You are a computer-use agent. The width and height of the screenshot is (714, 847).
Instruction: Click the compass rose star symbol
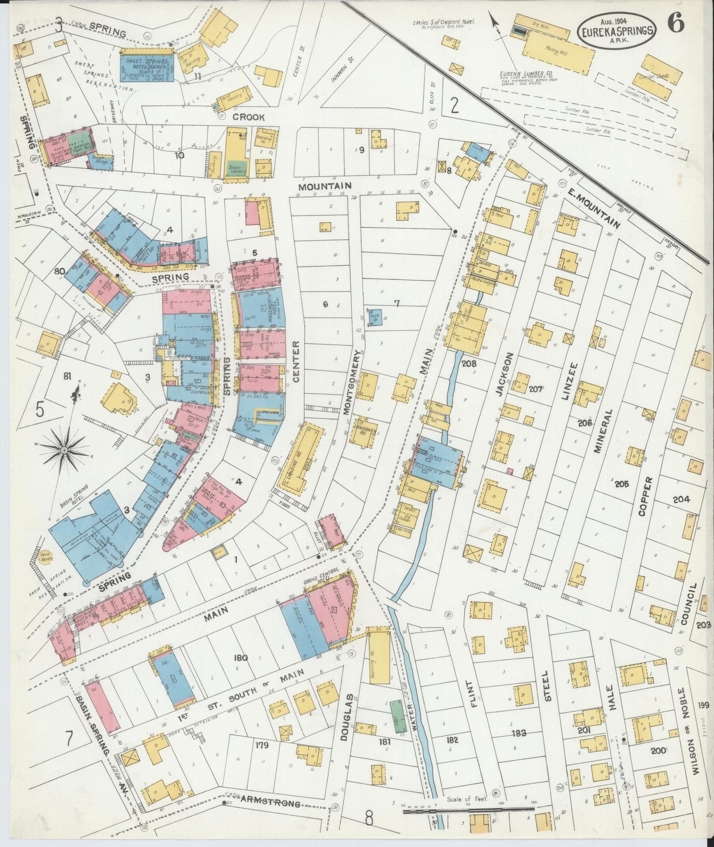tap(64, 450)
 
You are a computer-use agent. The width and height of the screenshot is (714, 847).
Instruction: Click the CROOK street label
tap(249, 118)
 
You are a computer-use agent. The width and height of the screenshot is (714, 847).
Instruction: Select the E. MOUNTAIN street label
tap(592, 209)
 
